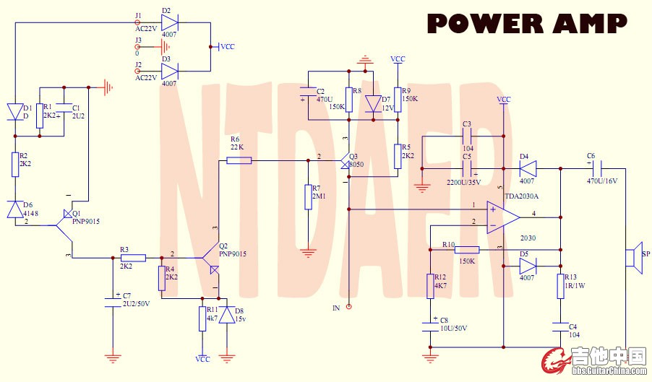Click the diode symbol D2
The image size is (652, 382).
point(170,23)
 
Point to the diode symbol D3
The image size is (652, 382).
point(170,71)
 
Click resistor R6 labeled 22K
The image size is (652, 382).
point(239,160)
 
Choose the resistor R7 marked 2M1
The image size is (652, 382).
point(308,197)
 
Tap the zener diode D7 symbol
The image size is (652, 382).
point(374,104)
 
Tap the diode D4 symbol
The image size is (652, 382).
point(528,169)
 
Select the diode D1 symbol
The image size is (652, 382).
point(15,111)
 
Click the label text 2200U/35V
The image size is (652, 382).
point(463,183)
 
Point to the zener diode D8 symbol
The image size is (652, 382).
point(229,315)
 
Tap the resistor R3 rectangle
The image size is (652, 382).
point(134,257)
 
